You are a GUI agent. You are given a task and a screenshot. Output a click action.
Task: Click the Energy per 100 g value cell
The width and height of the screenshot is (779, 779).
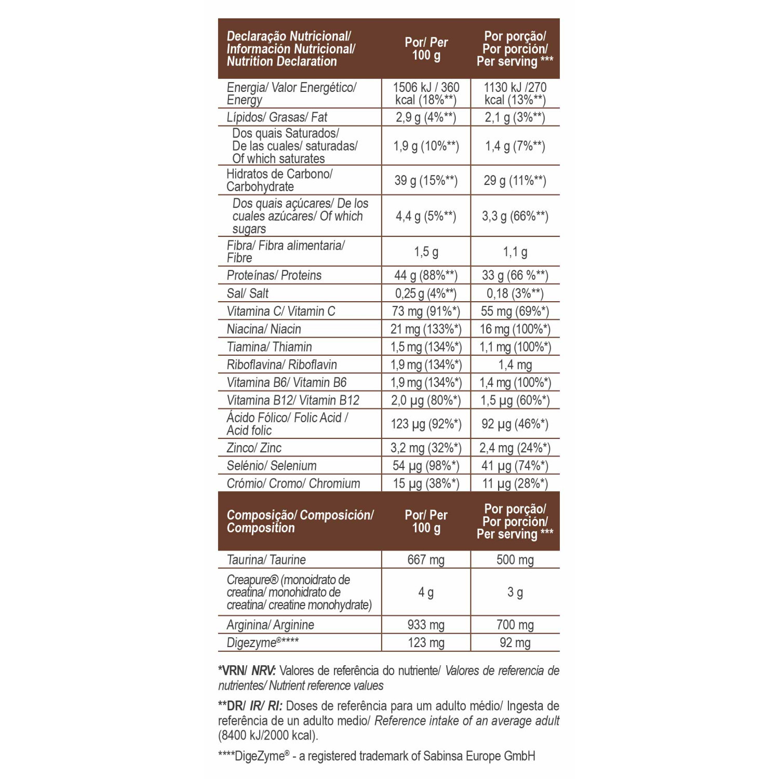426,93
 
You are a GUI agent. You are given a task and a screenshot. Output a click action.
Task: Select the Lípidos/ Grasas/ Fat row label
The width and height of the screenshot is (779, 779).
277,117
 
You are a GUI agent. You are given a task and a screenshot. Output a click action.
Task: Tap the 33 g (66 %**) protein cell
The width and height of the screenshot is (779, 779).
515,275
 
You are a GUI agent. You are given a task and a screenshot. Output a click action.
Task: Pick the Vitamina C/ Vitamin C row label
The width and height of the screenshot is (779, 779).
281,311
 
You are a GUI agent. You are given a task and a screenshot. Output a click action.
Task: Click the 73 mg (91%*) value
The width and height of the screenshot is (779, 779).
426,311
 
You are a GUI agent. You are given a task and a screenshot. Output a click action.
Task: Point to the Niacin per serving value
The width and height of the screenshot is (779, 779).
515,329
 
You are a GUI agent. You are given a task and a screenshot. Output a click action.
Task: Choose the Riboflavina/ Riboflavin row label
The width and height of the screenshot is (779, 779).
282,365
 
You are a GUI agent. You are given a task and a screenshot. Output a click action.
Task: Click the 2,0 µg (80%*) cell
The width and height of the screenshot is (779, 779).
426,400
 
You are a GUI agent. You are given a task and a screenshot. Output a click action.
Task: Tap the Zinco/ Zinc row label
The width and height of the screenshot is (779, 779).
254,448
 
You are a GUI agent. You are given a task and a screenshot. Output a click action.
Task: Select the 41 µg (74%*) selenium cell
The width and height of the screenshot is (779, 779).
515,466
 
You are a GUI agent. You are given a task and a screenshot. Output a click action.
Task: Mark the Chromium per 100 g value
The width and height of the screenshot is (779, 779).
426,483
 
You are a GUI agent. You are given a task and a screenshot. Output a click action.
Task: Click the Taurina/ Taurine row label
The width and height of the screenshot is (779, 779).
266,560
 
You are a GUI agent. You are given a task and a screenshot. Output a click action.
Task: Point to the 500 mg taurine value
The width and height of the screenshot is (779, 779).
515,560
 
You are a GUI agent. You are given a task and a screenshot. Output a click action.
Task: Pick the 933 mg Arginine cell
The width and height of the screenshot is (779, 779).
426,625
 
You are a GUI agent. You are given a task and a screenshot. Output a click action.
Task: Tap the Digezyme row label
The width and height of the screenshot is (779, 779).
262,643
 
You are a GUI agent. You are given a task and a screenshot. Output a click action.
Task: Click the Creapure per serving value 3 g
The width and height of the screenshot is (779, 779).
515,593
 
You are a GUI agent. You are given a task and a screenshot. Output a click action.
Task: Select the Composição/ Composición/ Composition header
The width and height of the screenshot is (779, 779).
300,521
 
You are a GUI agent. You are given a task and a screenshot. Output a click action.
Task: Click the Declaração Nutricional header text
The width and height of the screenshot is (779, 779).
289,36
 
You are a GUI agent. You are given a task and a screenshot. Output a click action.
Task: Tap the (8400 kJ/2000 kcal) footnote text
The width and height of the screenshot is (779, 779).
268,735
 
